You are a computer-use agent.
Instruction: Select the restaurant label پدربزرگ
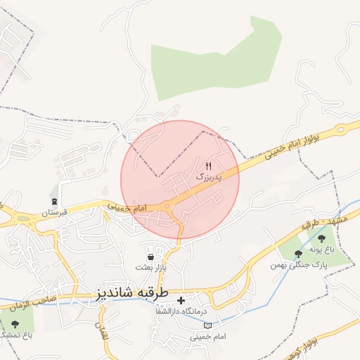click(208, 178)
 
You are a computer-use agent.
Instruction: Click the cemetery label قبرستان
click(53, 211)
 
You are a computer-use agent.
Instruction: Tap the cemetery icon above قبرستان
click(54, 191)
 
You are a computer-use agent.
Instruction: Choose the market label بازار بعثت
click(151, 268)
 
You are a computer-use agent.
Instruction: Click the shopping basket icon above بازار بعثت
click(151, 257)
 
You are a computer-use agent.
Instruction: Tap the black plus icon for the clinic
click(181, 300)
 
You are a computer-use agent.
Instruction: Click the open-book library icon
click(207, 325)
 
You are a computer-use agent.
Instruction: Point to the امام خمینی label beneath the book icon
click(209, 337)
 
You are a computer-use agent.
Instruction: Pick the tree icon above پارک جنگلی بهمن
click(299, 253)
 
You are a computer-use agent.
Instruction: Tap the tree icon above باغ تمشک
click(15, 323)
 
